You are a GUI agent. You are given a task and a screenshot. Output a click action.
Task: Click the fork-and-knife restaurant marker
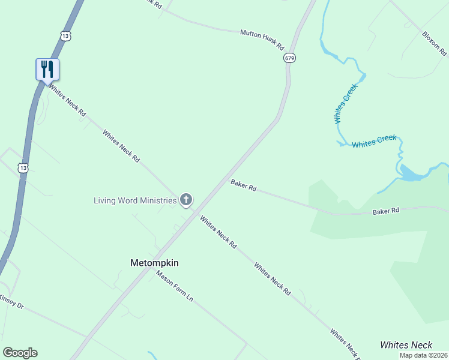pyautogui.click(x=47, y=69)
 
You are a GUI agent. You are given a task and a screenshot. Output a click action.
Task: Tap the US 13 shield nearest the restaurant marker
pyautogui.click(x=65, y=36)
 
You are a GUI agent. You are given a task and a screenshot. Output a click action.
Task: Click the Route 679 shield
pyautogui.click(x=291, y=58)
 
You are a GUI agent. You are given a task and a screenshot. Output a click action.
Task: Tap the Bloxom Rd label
pyautogui.click(x=435, y=43)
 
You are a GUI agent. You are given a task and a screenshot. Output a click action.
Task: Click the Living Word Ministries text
pyautogui.click(x=135, y=200)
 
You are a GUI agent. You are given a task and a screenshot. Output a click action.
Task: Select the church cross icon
pyautogui.click(x=186, y=200)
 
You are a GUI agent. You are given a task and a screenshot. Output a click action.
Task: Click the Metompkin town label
pyautogui.click(x=155, y=263)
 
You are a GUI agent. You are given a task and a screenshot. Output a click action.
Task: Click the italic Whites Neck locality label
pyautogui.click(x=406, y=345)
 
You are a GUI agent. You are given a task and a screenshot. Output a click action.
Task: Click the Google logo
pyautogui.click(x=20, y=353)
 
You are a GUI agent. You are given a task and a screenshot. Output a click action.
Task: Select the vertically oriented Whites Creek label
pyautogui.click(x=346, y=103)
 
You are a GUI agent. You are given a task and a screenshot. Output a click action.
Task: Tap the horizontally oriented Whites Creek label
pyautogui.click(x=374, y=142)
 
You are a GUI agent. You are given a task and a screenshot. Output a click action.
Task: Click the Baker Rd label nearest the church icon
pyautogui.click(x=243, y=186)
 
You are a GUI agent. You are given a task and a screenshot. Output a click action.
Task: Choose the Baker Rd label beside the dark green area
pyautogui.click(x=385, y=211)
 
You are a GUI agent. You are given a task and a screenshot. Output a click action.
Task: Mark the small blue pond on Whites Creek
pyautogui.click(x=412, y=173)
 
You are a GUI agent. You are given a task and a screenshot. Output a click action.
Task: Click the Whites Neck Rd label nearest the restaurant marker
pyautogui.click(x=67, y=100)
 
